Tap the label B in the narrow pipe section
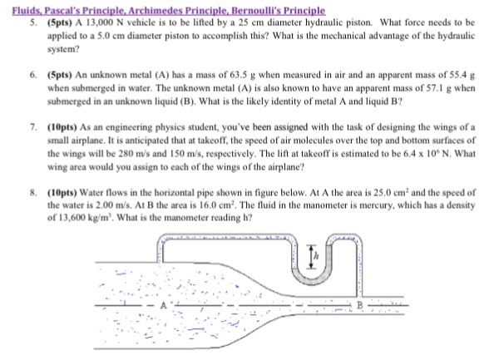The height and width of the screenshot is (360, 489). pyautogui.click(x=430, y=305)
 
